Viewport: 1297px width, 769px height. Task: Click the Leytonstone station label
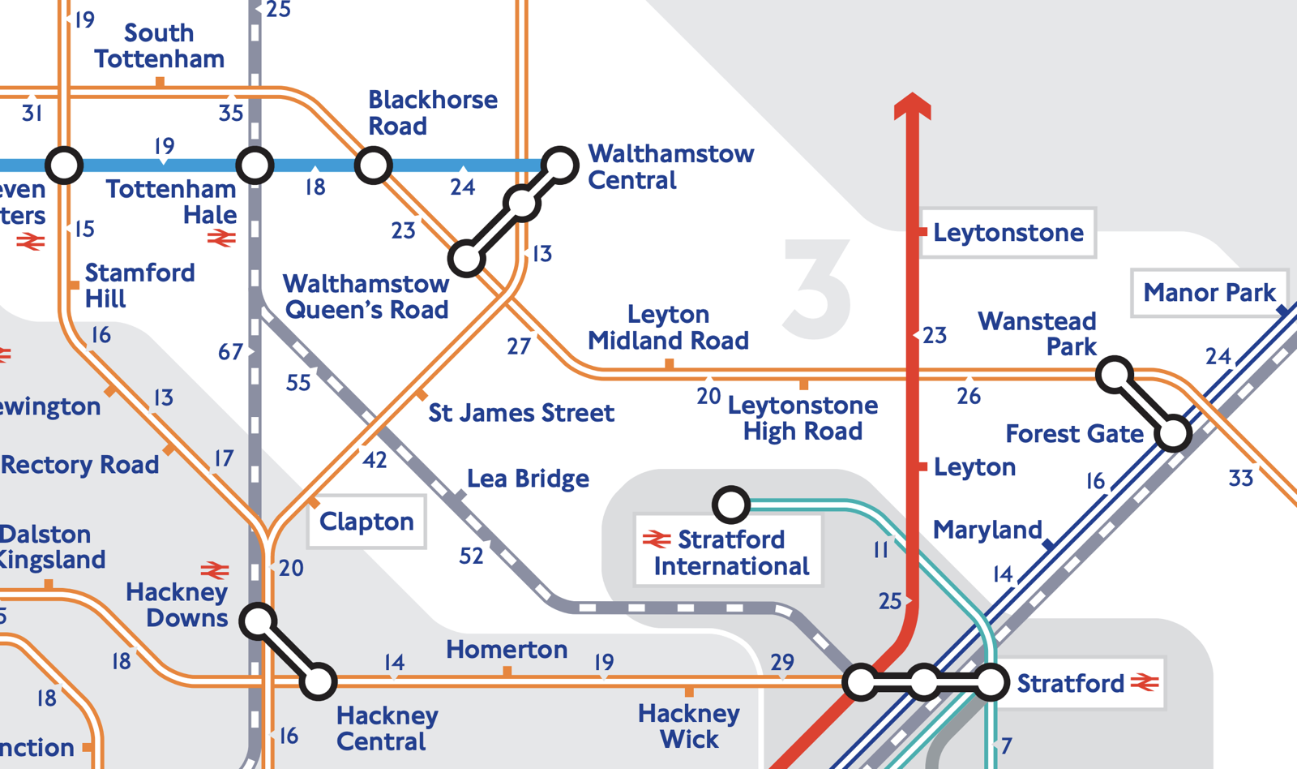[1008, 233]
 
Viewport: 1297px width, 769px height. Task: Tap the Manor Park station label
[1209, 293]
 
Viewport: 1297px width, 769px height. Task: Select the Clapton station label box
[366, 522]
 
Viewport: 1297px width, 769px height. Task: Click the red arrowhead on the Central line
[912, 106]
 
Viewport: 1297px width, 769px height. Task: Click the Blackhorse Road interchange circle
[373, 165]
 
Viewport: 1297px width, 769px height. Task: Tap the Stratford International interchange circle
[730, 505]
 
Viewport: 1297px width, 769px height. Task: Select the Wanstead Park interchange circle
[1115, 375]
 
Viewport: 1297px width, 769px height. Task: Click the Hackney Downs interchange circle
[258, 621]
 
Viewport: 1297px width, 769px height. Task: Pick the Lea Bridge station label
[528, 479]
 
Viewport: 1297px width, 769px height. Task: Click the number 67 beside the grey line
[230, 352]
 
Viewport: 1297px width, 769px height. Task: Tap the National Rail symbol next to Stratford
[1145, 683]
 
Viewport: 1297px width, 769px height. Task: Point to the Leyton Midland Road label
[668, 328]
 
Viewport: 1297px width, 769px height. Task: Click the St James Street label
[520, 413]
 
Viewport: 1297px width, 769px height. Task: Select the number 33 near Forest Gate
[1240, 479]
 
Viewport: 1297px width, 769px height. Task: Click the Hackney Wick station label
[688, 727]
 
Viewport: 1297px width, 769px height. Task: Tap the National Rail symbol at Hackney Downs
[215, 569]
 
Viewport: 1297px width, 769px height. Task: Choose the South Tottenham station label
[159, 46]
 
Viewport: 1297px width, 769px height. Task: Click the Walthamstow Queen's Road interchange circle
[467, 259]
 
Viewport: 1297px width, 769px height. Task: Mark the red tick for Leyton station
[922, 466]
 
